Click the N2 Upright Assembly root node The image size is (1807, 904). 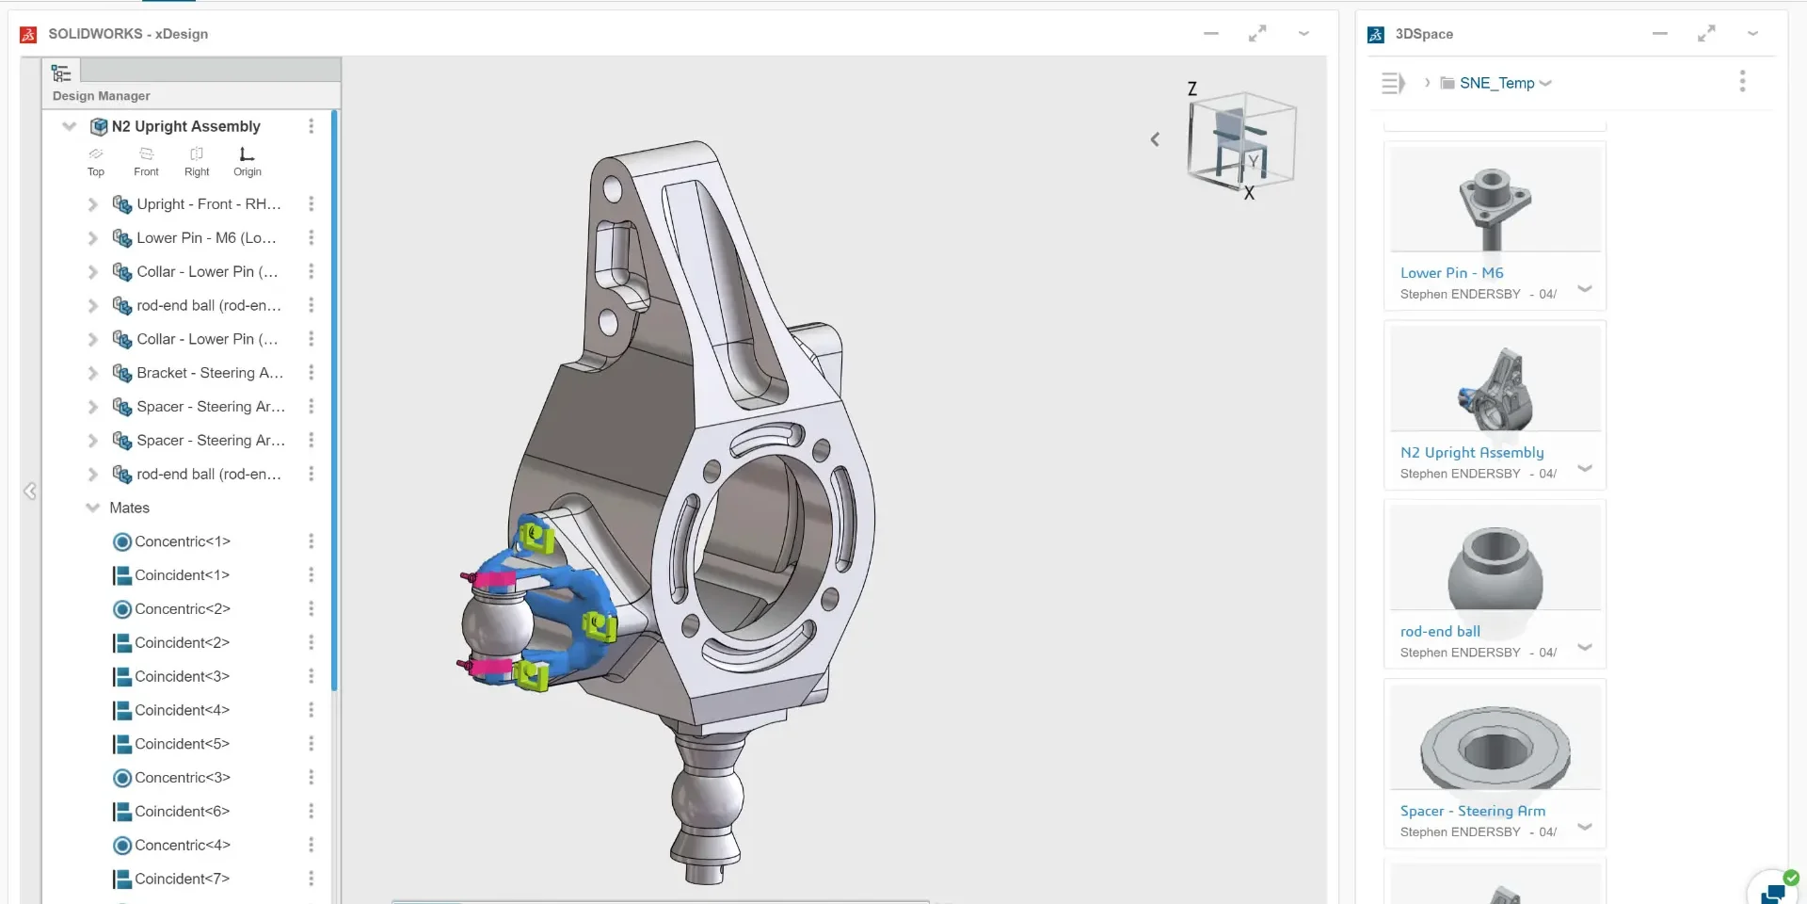pos(185,126)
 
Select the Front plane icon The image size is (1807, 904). pos(146,153)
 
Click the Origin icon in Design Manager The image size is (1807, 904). pos(247,153)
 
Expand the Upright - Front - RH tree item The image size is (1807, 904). pos(92,204)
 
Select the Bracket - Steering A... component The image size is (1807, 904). pos(209,373)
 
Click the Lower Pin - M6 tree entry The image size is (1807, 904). pos(206,238)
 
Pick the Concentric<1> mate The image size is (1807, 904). pos(182,541)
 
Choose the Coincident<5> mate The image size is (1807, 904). pos(182,744)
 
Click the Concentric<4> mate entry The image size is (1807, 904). pos(182,846)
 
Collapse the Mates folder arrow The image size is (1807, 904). pos(92,508)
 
